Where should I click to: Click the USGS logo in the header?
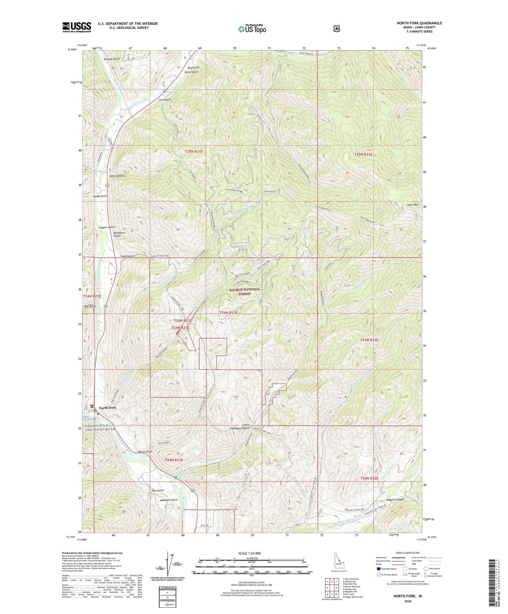(x=77, y=27)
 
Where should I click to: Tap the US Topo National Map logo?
(x=252, y=29)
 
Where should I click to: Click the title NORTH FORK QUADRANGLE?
(x=419, y=23)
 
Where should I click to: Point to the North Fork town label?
(x=107, y=408)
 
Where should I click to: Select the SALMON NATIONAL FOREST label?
(x=245, y=291)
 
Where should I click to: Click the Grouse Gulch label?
(x=112, y=59)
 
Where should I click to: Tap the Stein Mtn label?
(x=413, y=205)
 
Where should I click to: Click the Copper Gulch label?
(x=107, y=228)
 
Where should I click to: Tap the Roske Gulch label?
(x=101, y=196)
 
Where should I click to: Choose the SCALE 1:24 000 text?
(x=249, y=553)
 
